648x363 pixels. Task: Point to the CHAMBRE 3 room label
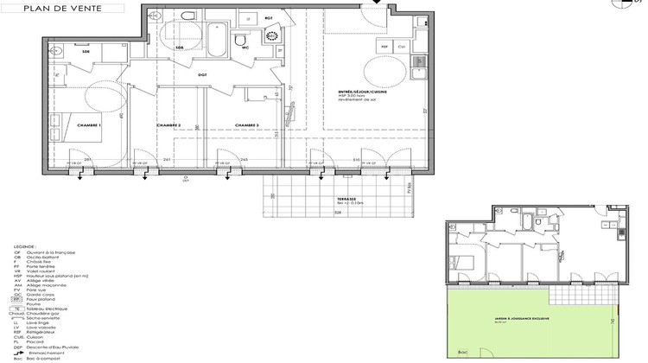pyautogui.click(x=247, y=125)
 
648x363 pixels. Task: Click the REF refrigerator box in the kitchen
pyautogui.click(x=385, y=45)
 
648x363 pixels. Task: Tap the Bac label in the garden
pyautogui.click(x=463, y=353)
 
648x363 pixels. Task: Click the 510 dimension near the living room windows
pyautogui.click(x=356, y=160)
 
